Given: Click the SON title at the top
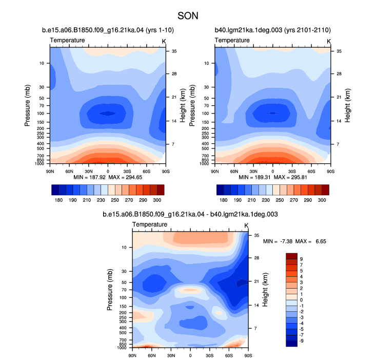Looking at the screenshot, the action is pos(188,16).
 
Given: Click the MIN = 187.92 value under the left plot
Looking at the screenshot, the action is pos(89,177).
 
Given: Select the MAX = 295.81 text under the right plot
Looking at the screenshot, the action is pos(290,177).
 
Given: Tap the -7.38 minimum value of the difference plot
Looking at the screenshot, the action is pos(286,241).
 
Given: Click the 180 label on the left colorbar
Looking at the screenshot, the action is pos(58,200).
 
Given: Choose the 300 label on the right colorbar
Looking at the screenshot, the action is pos(322,200).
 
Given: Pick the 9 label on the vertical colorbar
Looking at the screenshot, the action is pos(301,259).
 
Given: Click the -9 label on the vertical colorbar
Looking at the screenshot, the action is pos(301,341).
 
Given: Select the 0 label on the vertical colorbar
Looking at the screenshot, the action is pos(301,300).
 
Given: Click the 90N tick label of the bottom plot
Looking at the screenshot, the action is pos(132,355).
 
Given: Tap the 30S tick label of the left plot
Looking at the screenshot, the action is pos(127,172).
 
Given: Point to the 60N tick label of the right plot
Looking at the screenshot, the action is pos(234,172).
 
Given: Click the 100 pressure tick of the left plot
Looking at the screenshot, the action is pos(41,113).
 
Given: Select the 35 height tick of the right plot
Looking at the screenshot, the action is pos(339,51).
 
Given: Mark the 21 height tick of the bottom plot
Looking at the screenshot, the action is pos(256,281).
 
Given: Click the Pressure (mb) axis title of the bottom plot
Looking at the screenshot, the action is pos(110,290).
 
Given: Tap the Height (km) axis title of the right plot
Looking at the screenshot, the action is pos(347,105).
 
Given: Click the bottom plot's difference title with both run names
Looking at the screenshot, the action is pos(190,214).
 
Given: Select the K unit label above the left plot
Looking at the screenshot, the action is pos(164,42).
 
